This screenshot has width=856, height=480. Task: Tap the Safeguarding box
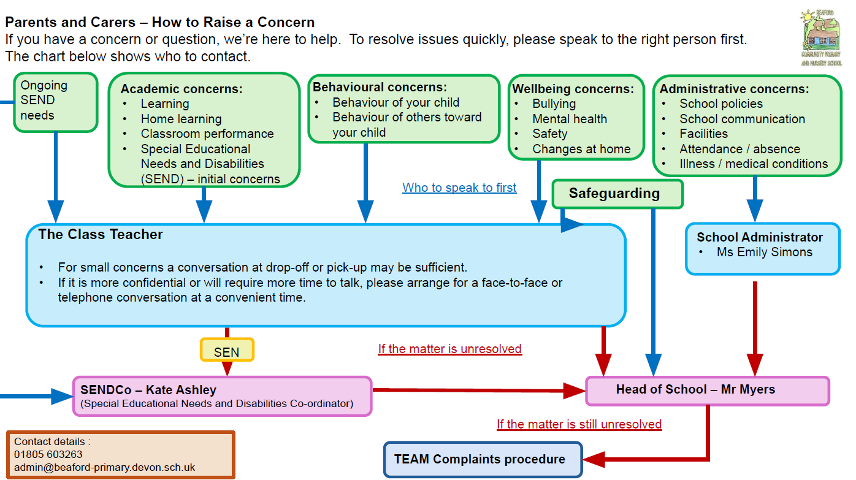click(617, 194)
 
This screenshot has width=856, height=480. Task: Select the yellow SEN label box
click(227, 351)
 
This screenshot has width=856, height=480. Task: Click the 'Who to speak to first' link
click(459, 188)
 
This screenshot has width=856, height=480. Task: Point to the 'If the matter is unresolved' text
click(449, 349)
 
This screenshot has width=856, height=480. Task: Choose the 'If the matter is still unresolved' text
click(579, 424)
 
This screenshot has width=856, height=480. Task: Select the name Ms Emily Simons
click(764, 252)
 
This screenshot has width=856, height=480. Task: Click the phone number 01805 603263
click(48, 454)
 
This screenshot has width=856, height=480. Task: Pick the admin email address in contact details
click(104, 467)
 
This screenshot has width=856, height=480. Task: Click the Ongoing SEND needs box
click(55, 102)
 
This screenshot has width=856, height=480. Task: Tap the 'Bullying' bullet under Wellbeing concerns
click(554, 104)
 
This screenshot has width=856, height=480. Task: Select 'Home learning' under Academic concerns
click(181, 119)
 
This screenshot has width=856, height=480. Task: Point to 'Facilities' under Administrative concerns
click(703, 134)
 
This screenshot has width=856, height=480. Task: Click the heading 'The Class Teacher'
click(101, 234)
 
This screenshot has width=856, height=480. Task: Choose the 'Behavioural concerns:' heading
click(380, 87)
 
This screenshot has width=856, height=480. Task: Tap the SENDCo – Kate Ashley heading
click(148, 390)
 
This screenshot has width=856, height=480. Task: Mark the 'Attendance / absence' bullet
click(739, 149)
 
